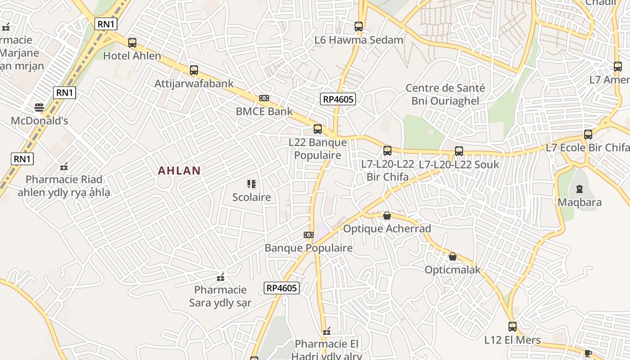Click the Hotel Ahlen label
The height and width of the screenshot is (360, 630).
[x=132, y=56]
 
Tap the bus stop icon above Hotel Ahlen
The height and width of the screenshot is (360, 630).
[x=132, y=43]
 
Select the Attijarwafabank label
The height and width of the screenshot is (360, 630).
[x=194, y=83]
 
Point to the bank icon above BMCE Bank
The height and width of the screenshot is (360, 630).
[x=264, y=98]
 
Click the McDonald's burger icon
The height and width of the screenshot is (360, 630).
[x=39, y=108]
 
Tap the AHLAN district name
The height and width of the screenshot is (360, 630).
[x=179, y=171]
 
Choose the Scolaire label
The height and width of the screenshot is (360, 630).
[x=252, y=197]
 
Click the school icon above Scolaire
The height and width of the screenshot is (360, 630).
[x=251, y=184]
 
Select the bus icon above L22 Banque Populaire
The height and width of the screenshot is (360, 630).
[x=317, y=129]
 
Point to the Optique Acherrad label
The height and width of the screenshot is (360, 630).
[x=387, y=229]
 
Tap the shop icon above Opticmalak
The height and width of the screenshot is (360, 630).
[x=453, y=256]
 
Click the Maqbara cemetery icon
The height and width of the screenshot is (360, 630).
[x=579, y=189]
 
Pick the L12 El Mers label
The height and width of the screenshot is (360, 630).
[x=513, y=340]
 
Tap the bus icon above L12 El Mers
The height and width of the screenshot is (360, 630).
[x=513, y=327]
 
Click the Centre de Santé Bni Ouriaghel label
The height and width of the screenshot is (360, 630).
[x=445, y=94]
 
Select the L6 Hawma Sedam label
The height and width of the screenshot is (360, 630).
[x=359, y=40]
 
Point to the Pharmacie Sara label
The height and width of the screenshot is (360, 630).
[x=220, y=296]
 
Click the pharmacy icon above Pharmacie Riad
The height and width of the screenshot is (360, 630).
[x=64, y=166]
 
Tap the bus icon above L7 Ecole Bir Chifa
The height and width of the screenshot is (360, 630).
[x=588, y=134]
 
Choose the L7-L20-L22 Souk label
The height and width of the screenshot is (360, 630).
[x=459, y=165]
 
